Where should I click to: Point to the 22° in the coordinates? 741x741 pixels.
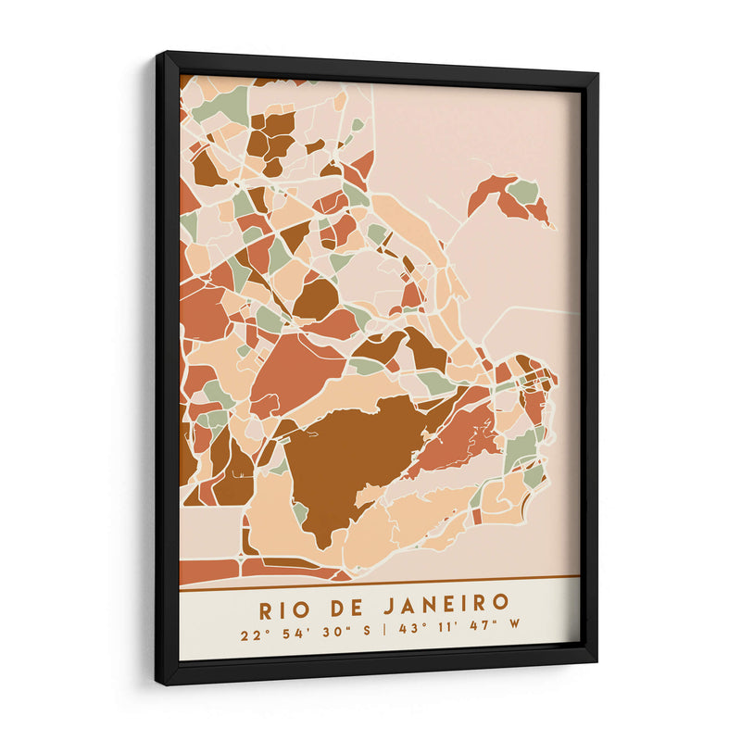tap(252, 636)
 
